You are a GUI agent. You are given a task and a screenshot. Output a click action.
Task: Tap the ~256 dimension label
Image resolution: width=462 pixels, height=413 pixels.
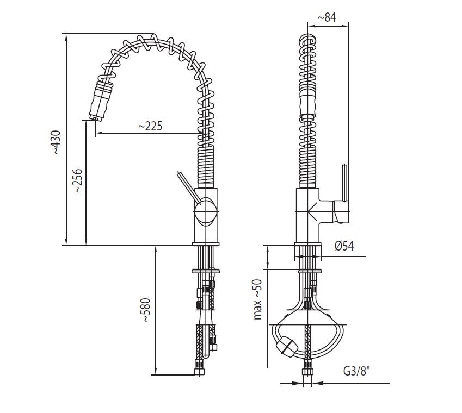pyautogui.click(x=77, y=180)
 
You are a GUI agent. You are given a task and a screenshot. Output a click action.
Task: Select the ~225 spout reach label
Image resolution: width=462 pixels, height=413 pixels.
pyautogui.click(x=150, y=126)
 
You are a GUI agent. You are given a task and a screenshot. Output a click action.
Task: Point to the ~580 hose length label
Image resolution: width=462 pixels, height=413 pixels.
pyautogui.click(x=146, y=310)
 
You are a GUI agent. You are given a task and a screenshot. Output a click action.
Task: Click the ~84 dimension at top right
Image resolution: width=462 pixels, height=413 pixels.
pyautogui.click(x=327, y=17)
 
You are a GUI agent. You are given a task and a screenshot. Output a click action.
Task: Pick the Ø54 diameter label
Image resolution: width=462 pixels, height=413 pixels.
pyautogui.click(x=344, y=246)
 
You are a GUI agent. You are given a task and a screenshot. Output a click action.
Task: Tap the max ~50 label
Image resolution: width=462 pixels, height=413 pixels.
pyautogui.click(x=257, y=299)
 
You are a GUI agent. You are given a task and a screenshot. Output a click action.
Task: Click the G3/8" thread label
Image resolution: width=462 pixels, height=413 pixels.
pyautogui.click(x=356, y=371)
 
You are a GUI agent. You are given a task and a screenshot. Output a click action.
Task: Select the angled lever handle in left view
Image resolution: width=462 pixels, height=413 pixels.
pyautogui.click(x=189, y=188)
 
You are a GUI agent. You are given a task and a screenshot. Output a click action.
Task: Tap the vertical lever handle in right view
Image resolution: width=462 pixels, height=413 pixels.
pyautogui.click(x=344, y=183)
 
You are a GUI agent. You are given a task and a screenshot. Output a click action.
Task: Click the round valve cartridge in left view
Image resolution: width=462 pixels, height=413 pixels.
pyautogui.click(x=205, y=211)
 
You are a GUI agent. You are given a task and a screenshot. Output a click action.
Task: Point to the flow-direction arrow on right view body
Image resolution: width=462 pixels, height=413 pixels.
pyautogui.click(x=312, y=211)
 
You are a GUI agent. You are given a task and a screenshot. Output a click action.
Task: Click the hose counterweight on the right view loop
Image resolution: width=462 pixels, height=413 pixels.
pyautogui.click(x=285, y=345)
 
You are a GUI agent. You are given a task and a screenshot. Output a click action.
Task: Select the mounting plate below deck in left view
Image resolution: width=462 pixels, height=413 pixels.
pyautogui.click(x=205, y=271)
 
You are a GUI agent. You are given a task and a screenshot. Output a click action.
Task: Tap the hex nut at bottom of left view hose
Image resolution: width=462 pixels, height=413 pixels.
pyautogui.click(x=200, y=372)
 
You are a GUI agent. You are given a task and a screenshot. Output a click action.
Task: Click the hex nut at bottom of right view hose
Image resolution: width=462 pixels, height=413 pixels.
pyautogui.click(x=307, y=371)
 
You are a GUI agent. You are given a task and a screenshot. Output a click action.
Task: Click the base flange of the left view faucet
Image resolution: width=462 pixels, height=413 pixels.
pyautogui.click(x=206, y=243)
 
